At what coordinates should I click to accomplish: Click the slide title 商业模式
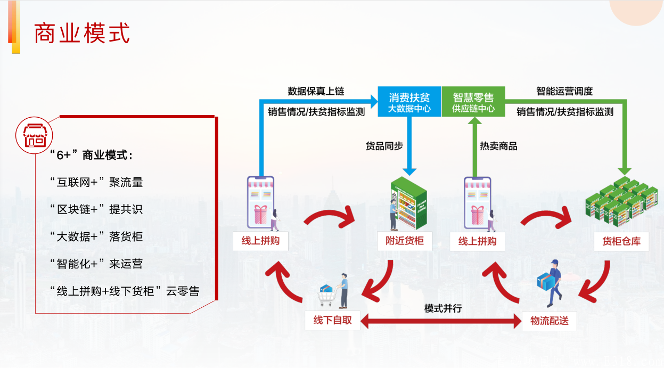pos(82,34)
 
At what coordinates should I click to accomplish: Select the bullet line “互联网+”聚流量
pos(96,182)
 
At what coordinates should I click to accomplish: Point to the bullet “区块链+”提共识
pos(96,209)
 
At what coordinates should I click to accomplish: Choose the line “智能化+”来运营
pos(96,264)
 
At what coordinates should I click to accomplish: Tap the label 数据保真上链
pos(316,91)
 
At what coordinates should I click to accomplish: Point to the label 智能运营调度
pos(564,91)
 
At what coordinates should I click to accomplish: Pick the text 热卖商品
pos(498,146)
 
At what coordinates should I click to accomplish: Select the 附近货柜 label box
pos(405,241)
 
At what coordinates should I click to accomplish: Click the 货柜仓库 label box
pos(621,241)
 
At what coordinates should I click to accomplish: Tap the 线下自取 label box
pos(332,321)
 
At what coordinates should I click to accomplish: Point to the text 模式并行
pos(442,308)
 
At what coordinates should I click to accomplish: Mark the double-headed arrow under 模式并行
pos(440,321)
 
